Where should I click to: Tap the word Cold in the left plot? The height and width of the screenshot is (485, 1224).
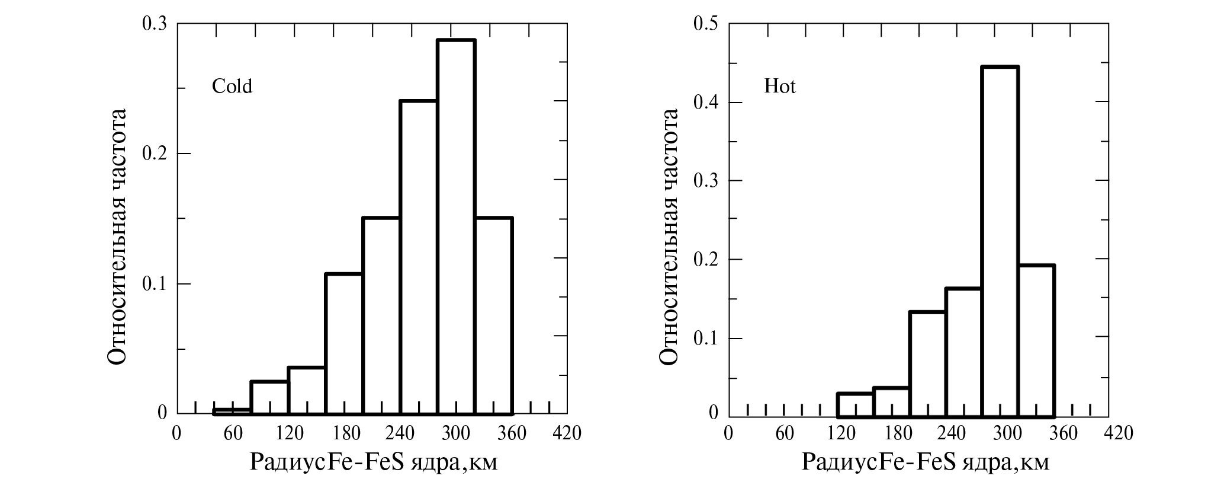point(232,87)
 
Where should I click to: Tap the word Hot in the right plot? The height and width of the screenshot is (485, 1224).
point(780,87)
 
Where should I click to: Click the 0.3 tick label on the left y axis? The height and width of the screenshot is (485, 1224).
point(155,24)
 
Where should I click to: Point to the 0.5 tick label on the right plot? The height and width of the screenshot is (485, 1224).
point(705,24)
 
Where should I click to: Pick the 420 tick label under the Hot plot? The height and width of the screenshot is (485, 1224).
point(1119,433)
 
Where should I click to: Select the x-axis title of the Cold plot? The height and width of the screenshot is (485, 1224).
point(374,462)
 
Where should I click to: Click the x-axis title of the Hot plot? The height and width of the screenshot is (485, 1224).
point(925,462)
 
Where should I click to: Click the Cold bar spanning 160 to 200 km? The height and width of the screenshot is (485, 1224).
point(343,343)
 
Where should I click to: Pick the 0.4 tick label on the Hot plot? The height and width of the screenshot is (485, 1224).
point(705,103)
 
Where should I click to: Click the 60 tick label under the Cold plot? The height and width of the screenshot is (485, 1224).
point(233,433)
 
